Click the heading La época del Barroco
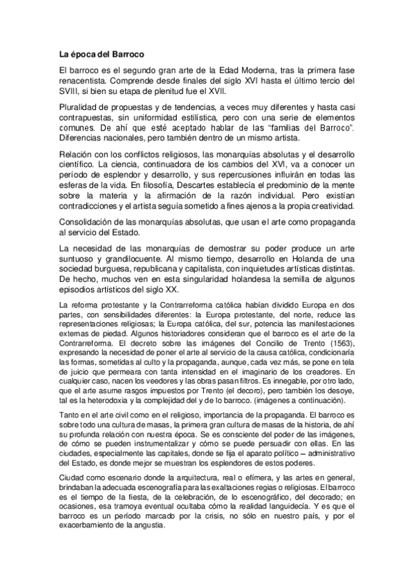pos(101,53)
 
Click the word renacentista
pos(83,80)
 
